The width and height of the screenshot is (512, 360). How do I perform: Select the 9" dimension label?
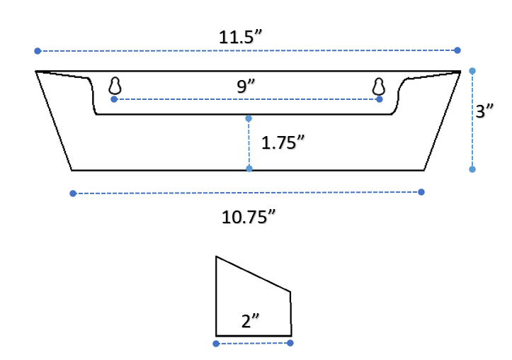coord(246,86)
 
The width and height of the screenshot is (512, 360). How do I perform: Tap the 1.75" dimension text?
coord(283,142)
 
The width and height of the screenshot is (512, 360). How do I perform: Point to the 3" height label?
coord(484,112)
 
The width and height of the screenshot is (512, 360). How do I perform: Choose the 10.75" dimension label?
coord(248,217)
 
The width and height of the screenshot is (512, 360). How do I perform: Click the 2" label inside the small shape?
coord(251,321)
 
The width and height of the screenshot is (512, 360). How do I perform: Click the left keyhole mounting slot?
coord(115,86)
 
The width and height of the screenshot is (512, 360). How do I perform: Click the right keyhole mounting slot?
coord(379,86)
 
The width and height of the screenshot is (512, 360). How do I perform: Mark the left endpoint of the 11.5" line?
coord(38,51)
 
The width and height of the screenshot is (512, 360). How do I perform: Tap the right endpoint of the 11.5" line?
coord(457,50)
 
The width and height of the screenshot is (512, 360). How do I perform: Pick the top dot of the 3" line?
coord(472,71)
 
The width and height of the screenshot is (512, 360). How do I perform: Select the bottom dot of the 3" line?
coord(472,169)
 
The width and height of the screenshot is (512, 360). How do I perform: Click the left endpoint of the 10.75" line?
coord(73,193)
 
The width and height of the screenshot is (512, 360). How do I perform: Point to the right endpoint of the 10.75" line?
coord(421,192)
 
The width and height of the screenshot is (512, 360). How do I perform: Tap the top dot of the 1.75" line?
coord(249,118)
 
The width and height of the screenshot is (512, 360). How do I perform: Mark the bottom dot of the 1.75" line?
coord(249,169)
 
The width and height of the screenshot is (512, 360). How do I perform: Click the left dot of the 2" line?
coord(216,344)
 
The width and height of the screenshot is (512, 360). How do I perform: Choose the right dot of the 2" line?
coord(290,343)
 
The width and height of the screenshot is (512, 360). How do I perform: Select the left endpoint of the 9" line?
coord(114,99)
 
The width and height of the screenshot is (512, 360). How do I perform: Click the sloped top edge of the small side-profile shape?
coord(253,274)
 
